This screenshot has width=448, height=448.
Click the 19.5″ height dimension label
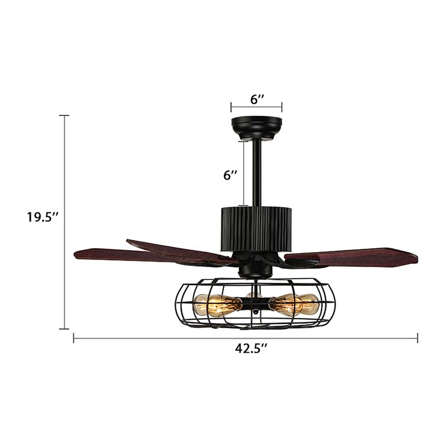[x=43, y=217]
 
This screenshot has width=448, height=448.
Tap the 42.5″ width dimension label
[x=251, y=348]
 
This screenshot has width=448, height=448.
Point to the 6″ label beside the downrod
[x=230, y=175]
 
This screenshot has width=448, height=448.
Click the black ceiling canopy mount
[x=256, y=127]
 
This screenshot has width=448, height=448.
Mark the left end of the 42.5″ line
[x=74, y=337]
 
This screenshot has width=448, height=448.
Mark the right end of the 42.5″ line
[x=418, y=337]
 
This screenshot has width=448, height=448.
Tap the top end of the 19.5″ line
[x=64, y=115]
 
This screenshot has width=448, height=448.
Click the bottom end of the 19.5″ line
[x=64, y=329]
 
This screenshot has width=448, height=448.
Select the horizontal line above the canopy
[x=256, y=107]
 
